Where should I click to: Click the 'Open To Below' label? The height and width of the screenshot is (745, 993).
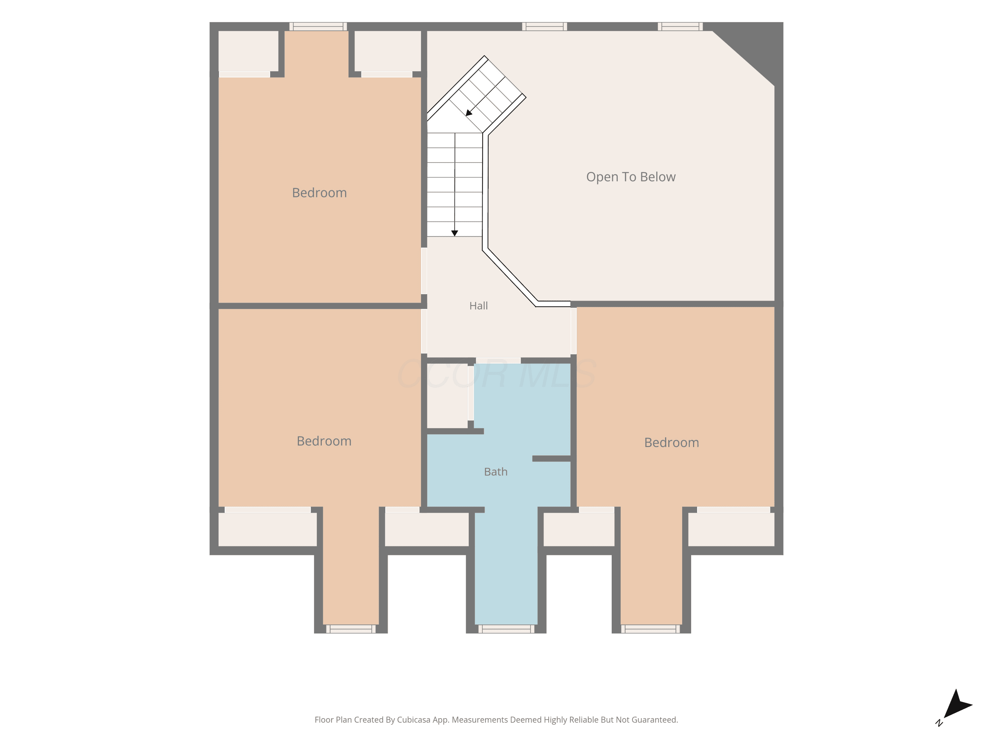631,177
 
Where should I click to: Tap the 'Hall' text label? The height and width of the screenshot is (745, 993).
479,306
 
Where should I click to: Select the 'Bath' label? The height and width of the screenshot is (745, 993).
496,472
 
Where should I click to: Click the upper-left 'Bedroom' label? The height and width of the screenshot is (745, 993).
319,193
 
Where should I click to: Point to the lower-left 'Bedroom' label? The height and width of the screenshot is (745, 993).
324,441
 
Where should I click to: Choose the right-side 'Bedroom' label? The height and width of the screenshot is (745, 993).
672,442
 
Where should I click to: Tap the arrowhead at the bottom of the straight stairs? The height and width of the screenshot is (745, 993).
455,233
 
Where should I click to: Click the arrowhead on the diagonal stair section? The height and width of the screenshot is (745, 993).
469,113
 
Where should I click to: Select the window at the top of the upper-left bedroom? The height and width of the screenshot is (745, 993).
318,26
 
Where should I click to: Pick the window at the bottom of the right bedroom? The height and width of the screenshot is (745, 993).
650,629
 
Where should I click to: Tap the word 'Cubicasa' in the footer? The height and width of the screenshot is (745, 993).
414,720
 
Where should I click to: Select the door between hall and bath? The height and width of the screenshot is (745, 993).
498,361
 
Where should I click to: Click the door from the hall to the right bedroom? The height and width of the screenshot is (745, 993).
573,331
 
